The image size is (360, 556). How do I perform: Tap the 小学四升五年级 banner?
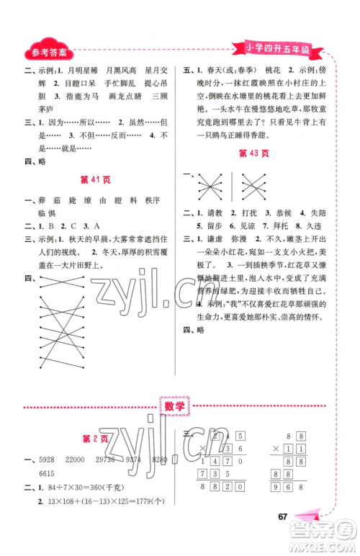[277, 50]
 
